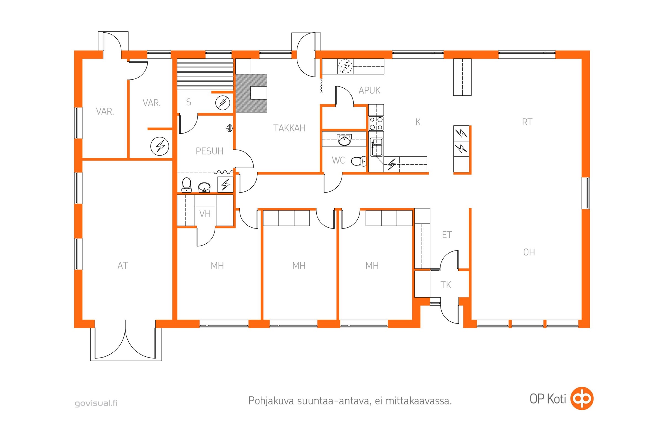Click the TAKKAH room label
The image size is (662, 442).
click(x=289, y=128)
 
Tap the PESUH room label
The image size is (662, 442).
click(x=209, y=151)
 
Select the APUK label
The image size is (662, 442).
click(x=369, y=91)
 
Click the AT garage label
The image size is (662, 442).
click(x=123, y=265)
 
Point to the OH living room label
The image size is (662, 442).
click(x=529, y=252)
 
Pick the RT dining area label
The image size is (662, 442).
click(x=527, y=122)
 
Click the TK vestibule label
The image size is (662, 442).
click(x=446, y=285)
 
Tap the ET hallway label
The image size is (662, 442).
click(x=447, y=235)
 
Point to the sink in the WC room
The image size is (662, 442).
click(x=344, y=140)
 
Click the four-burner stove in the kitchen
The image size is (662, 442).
click(x=376, y=123)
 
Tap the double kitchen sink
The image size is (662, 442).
click(x=377, y=147)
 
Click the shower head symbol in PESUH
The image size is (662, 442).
click(x=230, y=128)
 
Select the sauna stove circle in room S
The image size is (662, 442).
click(x=223, y=102)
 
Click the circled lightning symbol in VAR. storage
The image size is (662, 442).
click(x=160, y=146)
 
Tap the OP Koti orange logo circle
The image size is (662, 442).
click(x=582, y=398)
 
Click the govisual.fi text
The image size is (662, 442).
click(x=96, y=403)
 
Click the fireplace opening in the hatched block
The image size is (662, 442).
click(x=258, y=93)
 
